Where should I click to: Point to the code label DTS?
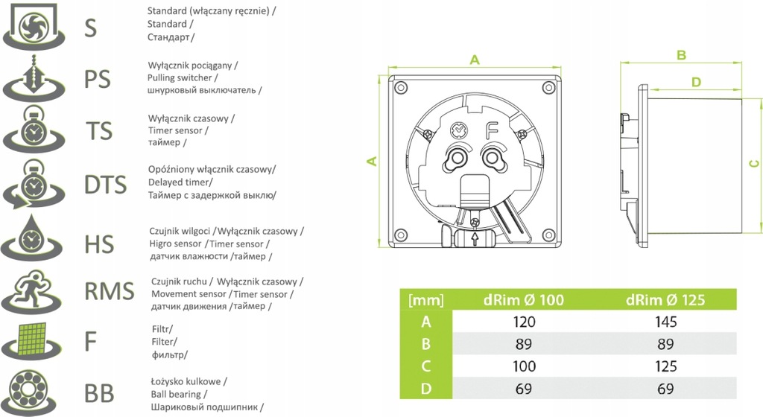point(106,183)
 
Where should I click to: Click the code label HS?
point(99,242)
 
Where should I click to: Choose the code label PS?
point(97,78)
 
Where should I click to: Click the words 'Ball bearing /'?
point(179,394)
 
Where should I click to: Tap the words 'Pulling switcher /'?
point(183,77)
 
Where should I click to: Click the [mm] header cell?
point(426,301)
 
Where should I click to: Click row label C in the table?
point(426,366)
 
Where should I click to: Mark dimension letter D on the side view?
point(696,82)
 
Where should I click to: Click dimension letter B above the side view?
point(681,55)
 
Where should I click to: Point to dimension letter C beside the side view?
point(753,163)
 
